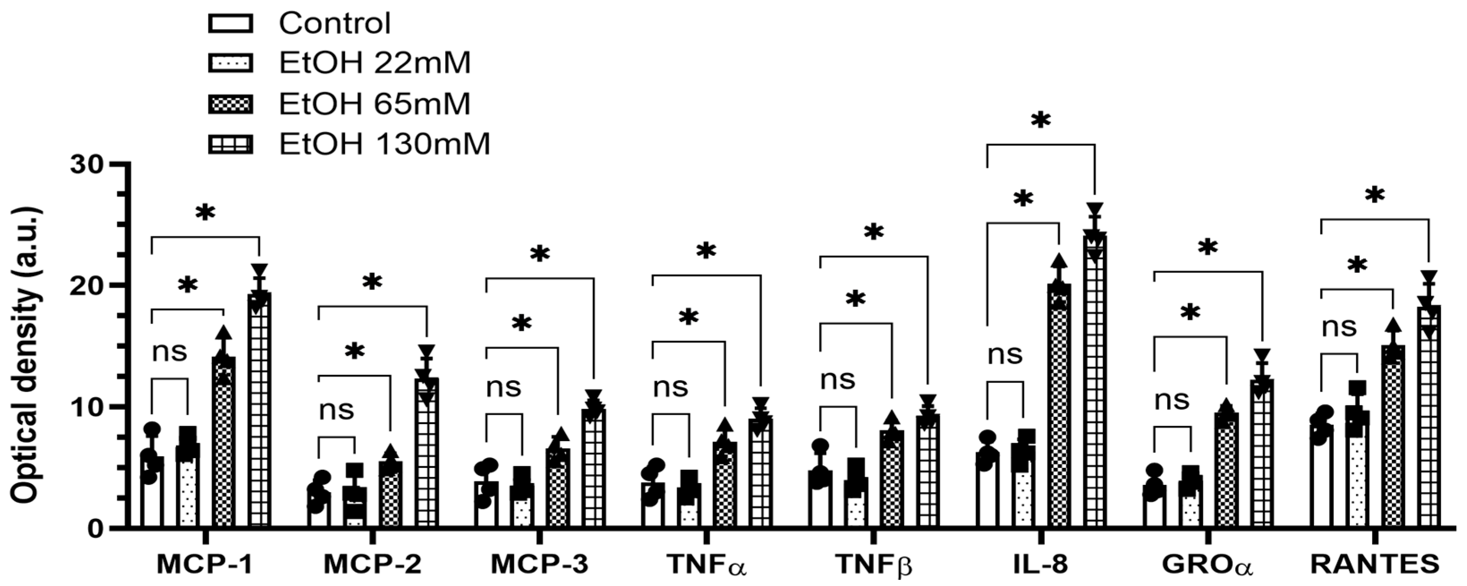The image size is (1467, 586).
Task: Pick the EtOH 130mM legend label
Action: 384,144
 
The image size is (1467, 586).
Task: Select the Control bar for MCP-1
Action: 152,493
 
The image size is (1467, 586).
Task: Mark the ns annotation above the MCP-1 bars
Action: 169,352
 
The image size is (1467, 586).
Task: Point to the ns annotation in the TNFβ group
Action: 837,380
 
